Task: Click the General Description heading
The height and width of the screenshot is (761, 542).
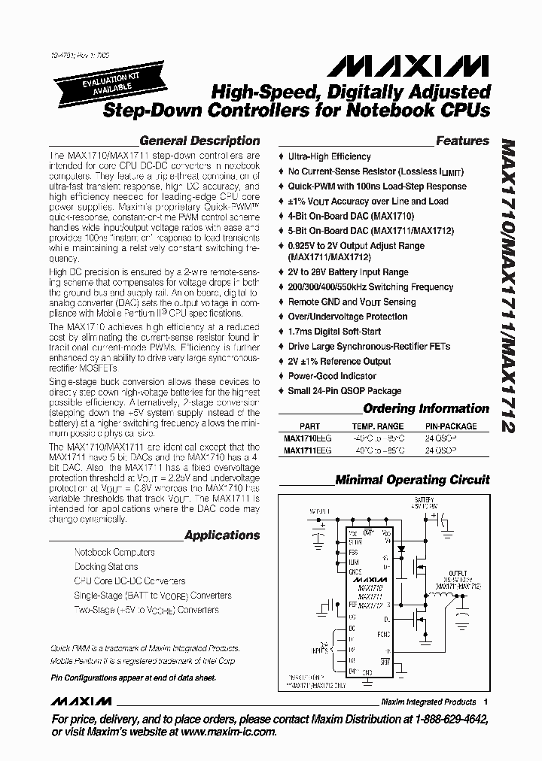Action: click(x=199, y=141)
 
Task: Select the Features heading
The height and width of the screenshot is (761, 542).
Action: click(x=462, y=141)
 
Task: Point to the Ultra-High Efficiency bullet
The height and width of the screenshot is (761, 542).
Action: click(x=329, y=156)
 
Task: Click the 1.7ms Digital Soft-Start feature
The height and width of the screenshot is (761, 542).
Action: click(x=334, y=332)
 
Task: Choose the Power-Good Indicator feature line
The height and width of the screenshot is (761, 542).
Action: click(x=332, y=376)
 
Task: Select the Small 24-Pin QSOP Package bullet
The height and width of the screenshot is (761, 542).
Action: click(x=344, y=391)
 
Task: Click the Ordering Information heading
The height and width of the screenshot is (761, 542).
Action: click(x=425, y=409)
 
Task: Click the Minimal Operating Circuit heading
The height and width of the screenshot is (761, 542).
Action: click(x=412, y=480)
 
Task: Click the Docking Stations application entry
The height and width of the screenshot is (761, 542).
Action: click(x=106, y=566)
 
